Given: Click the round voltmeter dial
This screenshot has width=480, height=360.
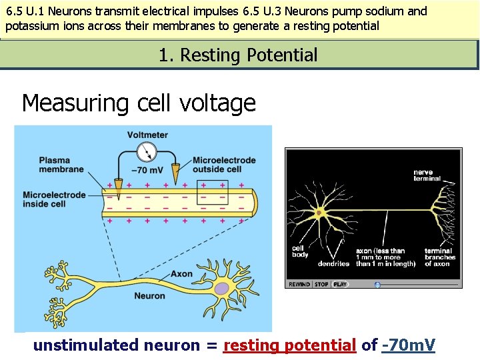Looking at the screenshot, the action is (147, 150).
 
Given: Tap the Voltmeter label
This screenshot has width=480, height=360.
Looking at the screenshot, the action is (147, 135).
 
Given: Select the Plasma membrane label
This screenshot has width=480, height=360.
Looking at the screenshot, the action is (62, 164).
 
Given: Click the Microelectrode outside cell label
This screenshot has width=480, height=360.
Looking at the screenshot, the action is (224, 164).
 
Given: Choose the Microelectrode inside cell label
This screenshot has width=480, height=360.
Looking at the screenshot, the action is (54, 199).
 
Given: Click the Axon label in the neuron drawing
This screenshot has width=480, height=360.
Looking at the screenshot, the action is (181, 273).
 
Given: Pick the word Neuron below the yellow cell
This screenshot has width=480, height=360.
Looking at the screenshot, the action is (149, 296).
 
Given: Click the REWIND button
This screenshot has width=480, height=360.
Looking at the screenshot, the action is (299, 285).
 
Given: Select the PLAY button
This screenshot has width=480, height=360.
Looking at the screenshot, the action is (341, 285).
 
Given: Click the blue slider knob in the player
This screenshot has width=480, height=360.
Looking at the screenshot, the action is (377, 285).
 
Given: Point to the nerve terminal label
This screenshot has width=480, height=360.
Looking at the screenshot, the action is (427, 175).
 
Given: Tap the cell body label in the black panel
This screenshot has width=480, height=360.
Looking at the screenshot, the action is (299, 251).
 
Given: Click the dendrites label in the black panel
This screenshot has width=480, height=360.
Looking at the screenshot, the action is (333, 264).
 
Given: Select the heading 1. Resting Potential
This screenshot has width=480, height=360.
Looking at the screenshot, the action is (239, 55).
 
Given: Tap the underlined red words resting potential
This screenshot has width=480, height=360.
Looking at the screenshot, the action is (289, 345).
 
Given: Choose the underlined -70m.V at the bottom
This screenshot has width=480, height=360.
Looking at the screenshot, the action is (409, 345).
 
